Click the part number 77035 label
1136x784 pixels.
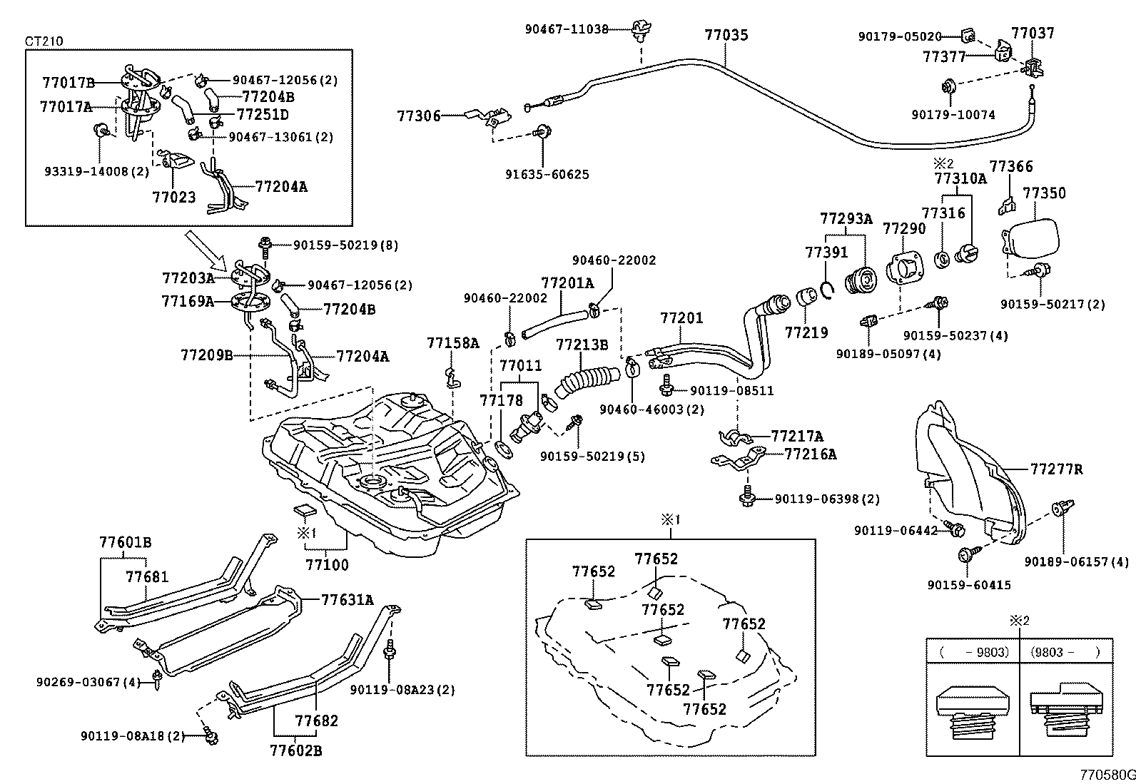726,34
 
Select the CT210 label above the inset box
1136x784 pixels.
44,41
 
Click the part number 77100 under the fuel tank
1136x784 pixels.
328,565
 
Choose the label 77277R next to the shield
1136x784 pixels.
1056,469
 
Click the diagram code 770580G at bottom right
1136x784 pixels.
1106,775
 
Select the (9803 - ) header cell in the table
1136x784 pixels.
1065,651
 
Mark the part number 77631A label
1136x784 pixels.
348,600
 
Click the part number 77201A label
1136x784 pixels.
567,283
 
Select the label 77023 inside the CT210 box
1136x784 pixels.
173,196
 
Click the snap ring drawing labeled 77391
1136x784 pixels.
828,288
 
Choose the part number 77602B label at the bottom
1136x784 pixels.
296,750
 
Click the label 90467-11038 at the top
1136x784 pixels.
567,29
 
